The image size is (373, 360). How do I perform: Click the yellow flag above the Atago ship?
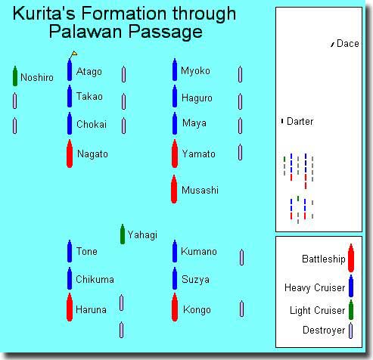74,53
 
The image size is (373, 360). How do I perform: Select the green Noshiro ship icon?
15,76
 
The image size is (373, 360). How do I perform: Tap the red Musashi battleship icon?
174,189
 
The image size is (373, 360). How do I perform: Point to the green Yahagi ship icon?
123,234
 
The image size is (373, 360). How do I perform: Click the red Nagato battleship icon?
70,154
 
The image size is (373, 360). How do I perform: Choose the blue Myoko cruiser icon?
175,70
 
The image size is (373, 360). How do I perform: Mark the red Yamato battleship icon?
175,154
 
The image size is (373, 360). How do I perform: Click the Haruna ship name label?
91,309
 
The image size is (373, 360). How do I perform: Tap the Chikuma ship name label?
95,279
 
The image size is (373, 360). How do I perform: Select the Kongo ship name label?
197,310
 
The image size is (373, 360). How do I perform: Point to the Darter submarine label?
300,122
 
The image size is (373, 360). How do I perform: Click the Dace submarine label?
348,44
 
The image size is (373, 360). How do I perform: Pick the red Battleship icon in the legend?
351,258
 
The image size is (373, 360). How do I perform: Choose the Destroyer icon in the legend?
350,331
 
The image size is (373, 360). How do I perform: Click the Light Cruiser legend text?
317,310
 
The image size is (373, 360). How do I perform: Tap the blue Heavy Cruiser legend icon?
351,286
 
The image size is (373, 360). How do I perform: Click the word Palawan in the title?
85,31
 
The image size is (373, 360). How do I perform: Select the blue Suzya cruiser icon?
175,278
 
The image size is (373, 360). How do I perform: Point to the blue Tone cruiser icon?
70,251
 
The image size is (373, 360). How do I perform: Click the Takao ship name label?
89,96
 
